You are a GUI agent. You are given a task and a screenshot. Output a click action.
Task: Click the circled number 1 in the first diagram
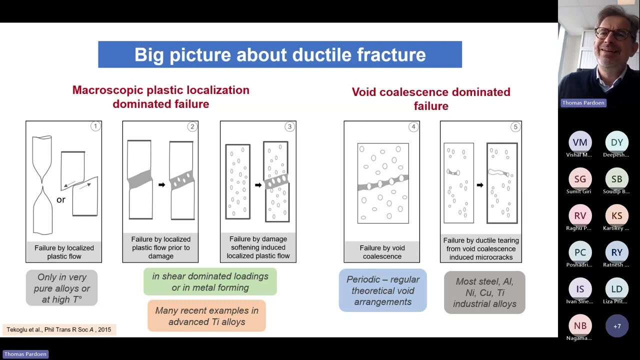point(95,126)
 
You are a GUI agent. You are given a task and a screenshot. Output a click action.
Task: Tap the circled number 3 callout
point(289,126)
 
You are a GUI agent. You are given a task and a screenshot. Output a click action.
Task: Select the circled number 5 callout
point(515,127)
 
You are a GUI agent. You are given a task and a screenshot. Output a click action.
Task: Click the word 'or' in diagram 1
point(61,199)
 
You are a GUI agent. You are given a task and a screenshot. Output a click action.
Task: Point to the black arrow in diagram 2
point(161,185)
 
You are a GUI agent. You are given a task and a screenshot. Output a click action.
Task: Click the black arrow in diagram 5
point(480,185)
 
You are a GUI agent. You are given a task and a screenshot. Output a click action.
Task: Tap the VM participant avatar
point(580,142)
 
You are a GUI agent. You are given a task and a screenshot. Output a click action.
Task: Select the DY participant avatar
point(616,142)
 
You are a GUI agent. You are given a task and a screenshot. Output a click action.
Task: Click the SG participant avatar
point(580,179)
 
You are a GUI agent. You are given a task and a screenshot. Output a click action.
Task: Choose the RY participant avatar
point(616,252)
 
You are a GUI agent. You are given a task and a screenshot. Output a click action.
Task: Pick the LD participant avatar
point(616,289)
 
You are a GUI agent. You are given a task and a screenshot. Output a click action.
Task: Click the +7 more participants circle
point(616,326)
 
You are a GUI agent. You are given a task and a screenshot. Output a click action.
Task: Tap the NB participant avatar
point(580,326)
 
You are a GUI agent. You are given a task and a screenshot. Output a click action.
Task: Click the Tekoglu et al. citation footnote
point(59,329)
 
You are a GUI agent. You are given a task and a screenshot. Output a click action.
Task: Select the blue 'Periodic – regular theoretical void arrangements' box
point(382,290)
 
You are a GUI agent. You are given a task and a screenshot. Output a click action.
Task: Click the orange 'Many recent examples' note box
point(206,316)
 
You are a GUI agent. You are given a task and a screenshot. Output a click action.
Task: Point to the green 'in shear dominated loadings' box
point(210,282)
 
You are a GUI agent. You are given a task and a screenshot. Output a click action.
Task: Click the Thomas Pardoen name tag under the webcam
point(583,102)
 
